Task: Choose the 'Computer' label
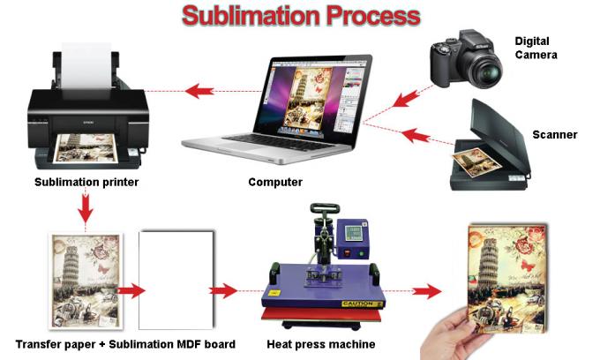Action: tap(275, 183)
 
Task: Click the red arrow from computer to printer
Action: tap(200, 89)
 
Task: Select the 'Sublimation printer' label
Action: tap(86, 183)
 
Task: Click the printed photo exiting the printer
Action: tap(88, 148)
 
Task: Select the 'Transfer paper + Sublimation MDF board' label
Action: tap(125, 343)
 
